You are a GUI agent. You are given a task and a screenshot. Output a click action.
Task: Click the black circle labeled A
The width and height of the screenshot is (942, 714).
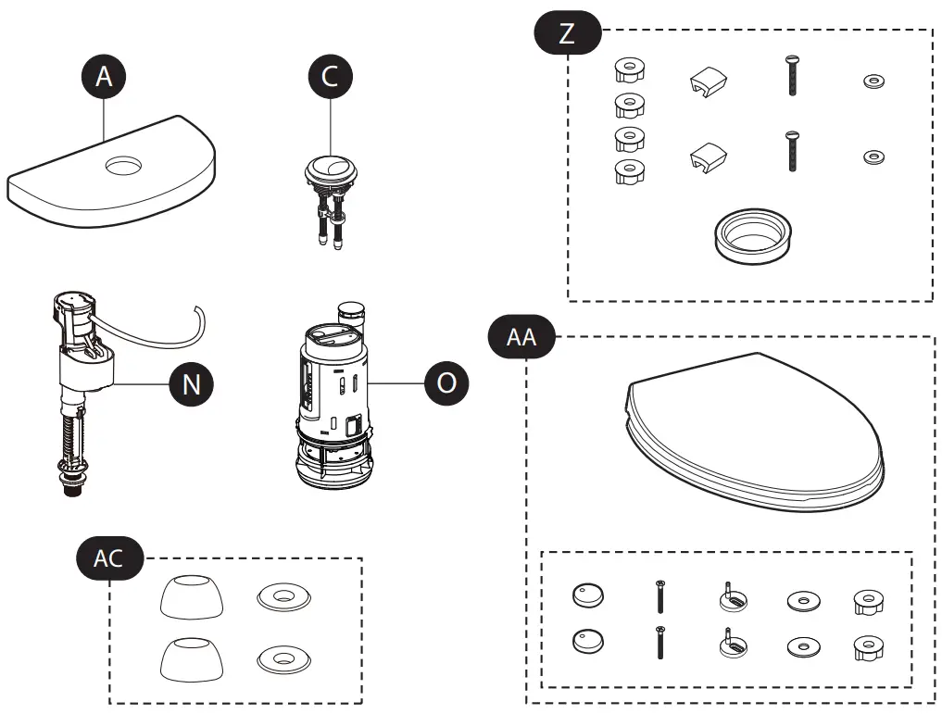click(104, 77)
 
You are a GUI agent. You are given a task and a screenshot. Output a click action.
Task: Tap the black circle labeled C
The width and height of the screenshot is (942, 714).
click(330, 77)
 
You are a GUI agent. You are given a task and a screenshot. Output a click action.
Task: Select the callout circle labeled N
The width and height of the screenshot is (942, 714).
click(190, 382)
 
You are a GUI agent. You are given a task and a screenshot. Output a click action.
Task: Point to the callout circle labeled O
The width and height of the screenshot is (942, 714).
click(446, 382)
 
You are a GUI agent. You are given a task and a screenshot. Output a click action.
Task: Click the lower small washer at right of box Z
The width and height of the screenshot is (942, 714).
click(873, 156)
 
